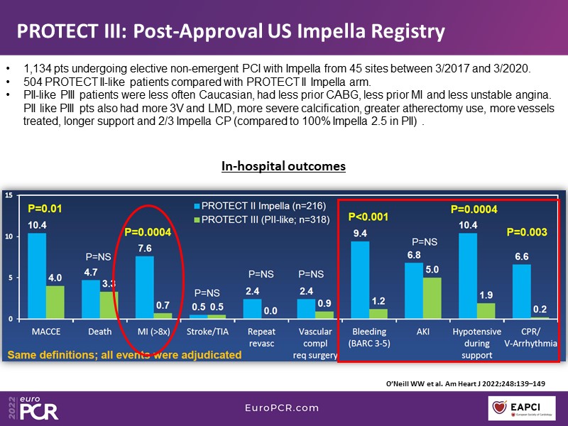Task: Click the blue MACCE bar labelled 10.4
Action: [38, 276]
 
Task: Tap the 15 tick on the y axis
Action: [8, 195]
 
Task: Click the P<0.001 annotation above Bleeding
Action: [368, 217]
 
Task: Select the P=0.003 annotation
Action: [526, 232]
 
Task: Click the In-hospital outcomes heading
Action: [283, 166]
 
